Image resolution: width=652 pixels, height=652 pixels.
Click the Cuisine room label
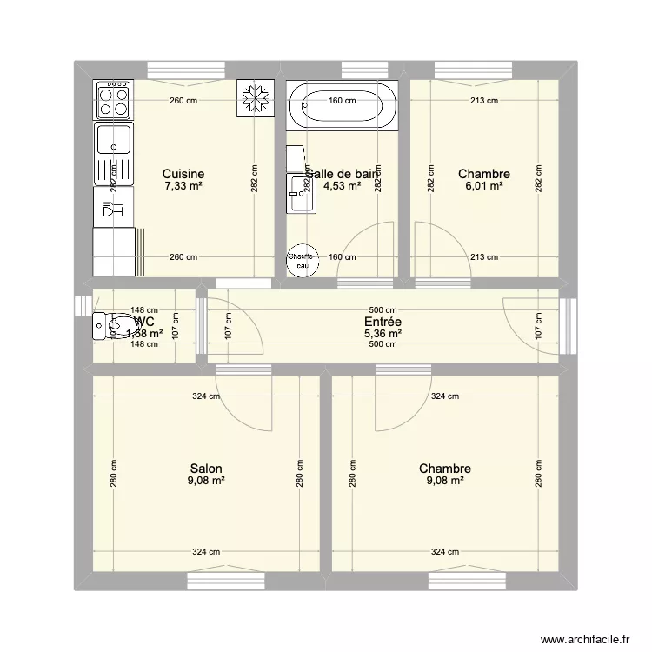183,174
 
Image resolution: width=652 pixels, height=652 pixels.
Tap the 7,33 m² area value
183,186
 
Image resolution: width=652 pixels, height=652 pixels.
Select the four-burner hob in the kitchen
114,98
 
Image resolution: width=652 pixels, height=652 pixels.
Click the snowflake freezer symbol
255,99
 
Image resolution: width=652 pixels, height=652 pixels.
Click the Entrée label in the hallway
383,321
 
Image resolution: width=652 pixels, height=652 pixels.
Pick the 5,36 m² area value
383,333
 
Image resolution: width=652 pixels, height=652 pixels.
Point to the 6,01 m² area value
484,186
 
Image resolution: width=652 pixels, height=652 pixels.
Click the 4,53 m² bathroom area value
342,186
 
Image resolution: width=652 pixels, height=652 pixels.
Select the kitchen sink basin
114,139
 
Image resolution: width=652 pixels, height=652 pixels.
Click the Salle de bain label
344,174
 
